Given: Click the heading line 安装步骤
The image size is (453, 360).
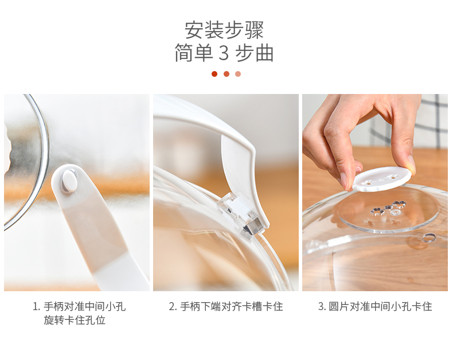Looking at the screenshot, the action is (224, 30).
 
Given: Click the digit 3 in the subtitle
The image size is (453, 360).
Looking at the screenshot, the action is (224, 53).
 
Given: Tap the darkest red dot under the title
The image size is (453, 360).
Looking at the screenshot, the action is (214, 74).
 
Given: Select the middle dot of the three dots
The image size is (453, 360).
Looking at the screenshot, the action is (226, 74).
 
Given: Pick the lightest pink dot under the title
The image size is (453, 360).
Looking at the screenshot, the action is (238, 74).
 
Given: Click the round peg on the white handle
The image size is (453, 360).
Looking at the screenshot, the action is (69, 181).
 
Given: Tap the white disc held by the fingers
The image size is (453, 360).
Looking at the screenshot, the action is (381, 179).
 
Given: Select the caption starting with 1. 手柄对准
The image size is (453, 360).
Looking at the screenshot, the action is (79, 307).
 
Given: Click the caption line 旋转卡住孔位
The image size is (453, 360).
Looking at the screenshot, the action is (75, 320).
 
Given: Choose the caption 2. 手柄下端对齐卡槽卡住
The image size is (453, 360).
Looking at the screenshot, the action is (226, 307).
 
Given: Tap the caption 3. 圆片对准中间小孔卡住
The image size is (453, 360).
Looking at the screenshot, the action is (375, 307).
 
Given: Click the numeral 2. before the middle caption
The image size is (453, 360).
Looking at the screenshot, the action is (173, 307).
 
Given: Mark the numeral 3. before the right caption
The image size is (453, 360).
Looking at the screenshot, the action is (322, 307).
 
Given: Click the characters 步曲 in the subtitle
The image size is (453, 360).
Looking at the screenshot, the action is (254, 53).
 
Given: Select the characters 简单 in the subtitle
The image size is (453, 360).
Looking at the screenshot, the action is (194, 53).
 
